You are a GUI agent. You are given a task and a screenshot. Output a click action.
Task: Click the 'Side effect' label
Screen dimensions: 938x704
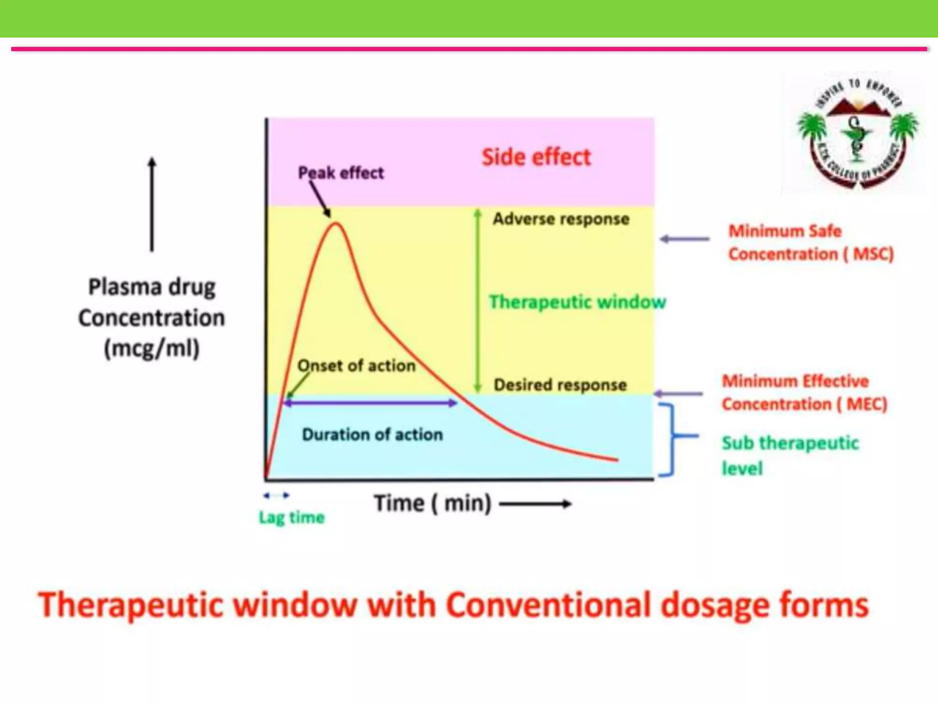[x=536, y=157]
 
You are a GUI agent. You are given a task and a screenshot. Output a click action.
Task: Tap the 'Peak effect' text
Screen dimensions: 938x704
[x=341, y=173]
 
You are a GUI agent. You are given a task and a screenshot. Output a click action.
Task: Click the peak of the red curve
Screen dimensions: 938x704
[x=336, y=224]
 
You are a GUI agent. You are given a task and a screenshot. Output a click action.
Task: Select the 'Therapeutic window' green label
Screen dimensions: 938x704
[x=577, y=302]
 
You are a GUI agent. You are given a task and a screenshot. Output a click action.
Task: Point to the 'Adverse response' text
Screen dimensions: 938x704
[x=561, y=219]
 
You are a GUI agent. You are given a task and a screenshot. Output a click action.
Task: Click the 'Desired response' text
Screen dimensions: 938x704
[x=560, y=385]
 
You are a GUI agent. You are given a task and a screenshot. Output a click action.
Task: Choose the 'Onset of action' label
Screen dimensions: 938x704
[x=356, y=366]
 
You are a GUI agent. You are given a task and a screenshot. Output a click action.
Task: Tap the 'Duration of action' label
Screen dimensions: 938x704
[x=372, y=434]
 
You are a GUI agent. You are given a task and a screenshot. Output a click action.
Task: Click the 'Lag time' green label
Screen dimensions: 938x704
[x=292, y=517]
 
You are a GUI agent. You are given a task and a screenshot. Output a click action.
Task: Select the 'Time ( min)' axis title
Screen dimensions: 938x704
[x=432, y=503]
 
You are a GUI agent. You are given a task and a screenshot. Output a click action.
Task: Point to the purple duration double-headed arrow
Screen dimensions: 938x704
[x=370, y=403]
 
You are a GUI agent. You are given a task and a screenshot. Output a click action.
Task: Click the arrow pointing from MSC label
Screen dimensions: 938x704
[x=685, y=239]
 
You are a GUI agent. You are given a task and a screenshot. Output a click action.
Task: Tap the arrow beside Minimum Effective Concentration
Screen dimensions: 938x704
[x=678, y=394]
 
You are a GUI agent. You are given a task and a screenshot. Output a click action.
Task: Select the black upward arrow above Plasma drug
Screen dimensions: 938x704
[x=152, y=204]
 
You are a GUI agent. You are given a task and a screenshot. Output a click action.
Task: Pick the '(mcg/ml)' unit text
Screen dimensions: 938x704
[x=152, y=348]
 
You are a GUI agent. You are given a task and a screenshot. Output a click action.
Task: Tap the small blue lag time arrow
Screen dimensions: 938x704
[x=277, y=495]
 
